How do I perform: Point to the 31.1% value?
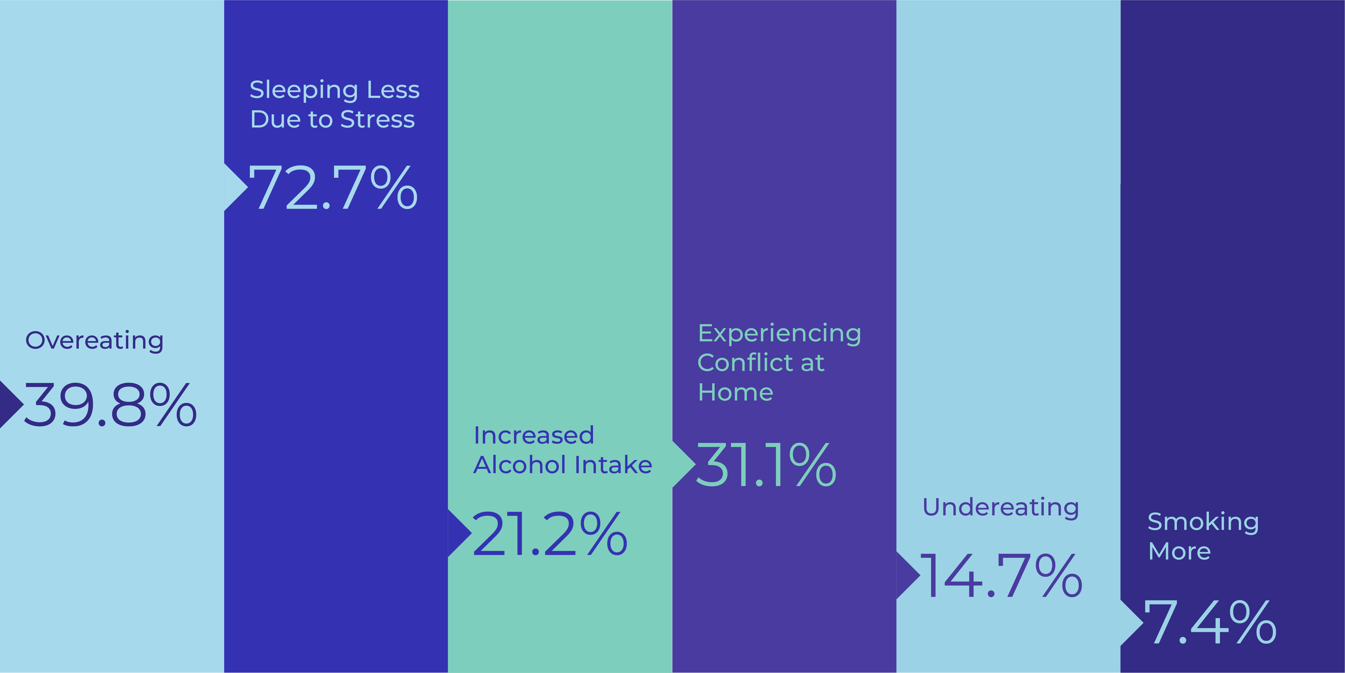click(x=766, y=465)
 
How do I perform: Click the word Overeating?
click(x=94, y=341)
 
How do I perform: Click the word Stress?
click(x=378, y=119)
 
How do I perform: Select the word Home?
click(x=735, y=392)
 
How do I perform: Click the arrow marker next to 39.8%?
click(x=9, y=405)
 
